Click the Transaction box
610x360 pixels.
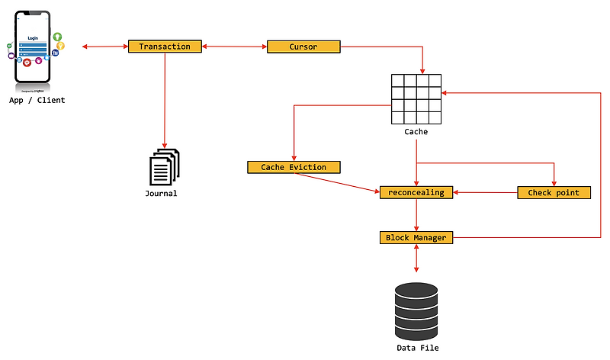(165, 47)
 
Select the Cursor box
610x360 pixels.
(303, 47)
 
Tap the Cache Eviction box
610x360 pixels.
(294, 167)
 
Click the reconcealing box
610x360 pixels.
(416, 192)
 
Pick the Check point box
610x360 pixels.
(554, 192)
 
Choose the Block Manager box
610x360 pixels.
(416, 238)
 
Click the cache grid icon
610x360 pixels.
(416, 99)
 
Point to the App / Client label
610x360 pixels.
(37, 101)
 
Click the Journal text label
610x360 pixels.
(161, 194)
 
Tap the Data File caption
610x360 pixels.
(417, 348)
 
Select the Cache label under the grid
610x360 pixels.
(416, 132)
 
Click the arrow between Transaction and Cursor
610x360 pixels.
(234, 47)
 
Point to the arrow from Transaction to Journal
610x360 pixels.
(165, 99)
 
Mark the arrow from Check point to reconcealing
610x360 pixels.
(486, 192)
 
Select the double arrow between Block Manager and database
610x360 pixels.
(416, 259)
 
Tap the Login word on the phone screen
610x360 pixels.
(33, 37)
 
